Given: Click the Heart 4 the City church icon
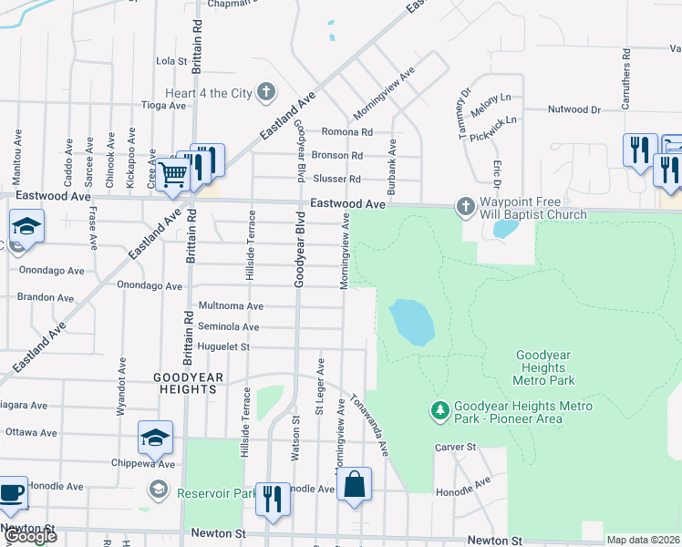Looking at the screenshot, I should click(x=265, y=93).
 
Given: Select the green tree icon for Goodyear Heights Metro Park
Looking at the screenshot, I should click(x=440, y=412).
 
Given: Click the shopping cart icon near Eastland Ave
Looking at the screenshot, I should click(x=172, y=173).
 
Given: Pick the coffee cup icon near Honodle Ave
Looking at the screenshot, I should click(x=12, y=492).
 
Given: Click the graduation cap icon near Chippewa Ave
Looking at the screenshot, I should click(x=155, y=438).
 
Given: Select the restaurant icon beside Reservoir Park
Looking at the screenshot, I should click(x=272, y=498).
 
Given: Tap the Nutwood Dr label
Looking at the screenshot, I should click(x=574, y=109).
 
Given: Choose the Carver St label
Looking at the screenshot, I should click(x=456, y=448).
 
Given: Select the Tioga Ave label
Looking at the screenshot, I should click(x=163, y=106).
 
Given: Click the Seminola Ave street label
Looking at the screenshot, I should click(x=229, y=327).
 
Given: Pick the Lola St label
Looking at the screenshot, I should click(x=171, y=62).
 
